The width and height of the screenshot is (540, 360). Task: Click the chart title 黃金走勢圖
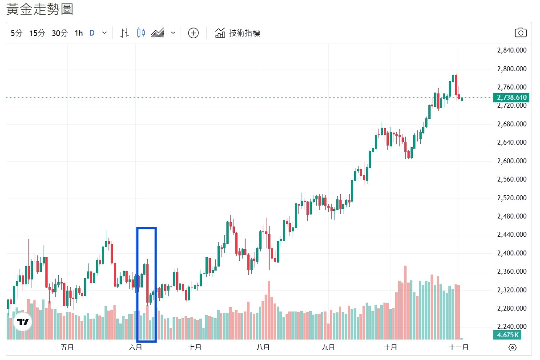coord(40,9)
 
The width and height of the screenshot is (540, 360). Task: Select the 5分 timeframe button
coord(16,33)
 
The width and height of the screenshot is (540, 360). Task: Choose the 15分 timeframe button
coord(37,33)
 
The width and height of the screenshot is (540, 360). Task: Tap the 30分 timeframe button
coord(60,33)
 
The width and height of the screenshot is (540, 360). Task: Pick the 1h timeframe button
coord(79,33)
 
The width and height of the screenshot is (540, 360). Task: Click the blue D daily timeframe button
coord(92,33)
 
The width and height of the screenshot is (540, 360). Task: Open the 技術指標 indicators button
coord(238,33)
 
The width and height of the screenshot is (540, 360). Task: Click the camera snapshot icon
coord(520,33)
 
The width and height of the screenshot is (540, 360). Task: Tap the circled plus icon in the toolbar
coord(193,33)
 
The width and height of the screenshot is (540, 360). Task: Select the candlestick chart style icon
coord(141,33)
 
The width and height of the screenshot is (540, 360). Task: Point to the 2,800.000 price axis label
coord(512,69)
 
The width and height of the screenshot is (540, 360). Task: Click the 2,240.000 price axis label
coord(512,327)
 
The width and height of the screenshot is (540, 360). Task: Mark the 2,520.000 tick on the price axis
coord(512,198)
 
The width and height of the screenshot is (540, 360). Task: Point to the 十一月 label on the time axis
coord(459,348)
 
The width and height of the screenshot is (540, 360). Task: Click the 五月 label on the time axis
coord(67,348)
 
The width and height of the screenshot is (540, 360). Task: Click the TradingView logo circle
coord(22,322)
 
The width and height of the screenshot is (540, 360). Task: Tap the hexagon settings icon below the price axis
coord(512,348)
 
